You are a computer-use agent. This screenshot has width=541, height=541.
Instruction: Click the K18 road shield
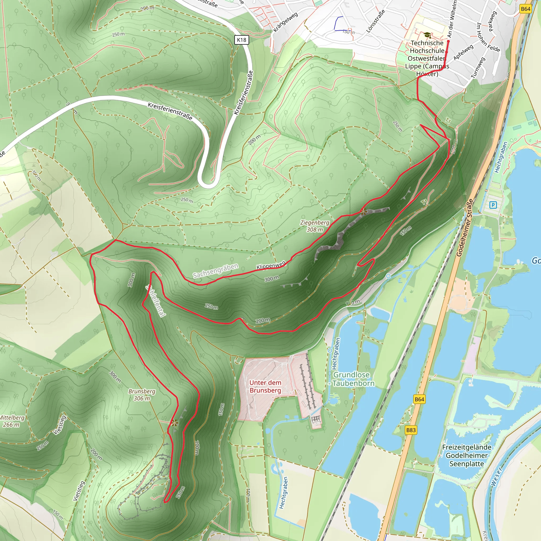pos(241,40)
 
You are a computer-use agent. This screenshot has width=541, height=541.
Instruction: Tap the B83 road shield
pos(411,430)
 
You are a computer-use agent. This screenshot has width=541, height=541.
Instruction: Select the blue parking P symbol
pos(493,205)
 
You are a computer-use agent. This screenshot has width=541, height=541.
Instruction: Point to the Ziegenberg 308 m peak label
pos(315,226)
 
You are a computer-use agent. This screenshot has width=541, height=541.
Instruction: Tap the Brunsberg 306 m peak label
pos(142,395)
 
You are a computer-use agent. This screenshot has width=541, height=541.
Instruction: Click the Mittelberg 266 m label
pos(12,421)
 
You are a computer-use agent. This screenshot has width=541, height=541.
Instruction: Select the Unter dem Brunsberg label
pos(265,386)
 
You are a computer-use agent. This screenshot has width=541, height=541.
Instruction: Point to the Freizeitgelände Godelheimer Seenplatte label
pos(467,455)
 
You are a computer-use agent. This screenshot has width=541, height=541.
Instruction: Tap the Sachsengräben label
pos(215,271)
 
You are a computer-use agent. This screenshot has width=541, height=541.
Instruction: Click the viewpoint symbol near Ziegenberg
pos(364,212)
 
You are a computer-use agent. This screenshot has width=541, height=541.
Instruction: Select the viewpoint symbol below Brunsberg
pos(175,423)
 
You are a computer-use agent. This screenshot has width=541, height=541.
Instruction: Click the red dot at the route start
pos(448,41)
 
